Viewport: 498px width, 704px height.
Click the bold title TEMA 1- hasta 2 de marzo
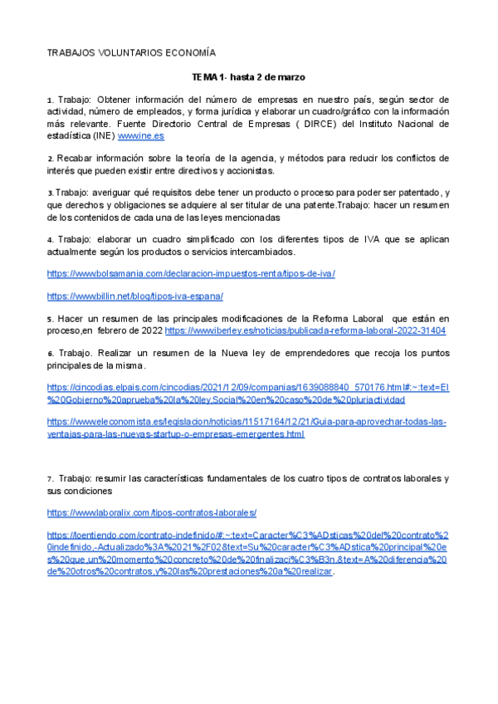[248, 76]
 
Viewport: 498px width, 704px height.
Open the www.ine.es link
[141, 135]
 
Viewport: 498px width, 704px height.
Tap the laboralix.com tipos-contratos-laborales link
[152, 513]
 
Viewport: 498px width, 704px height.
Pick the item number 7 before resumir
[50, 479]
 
